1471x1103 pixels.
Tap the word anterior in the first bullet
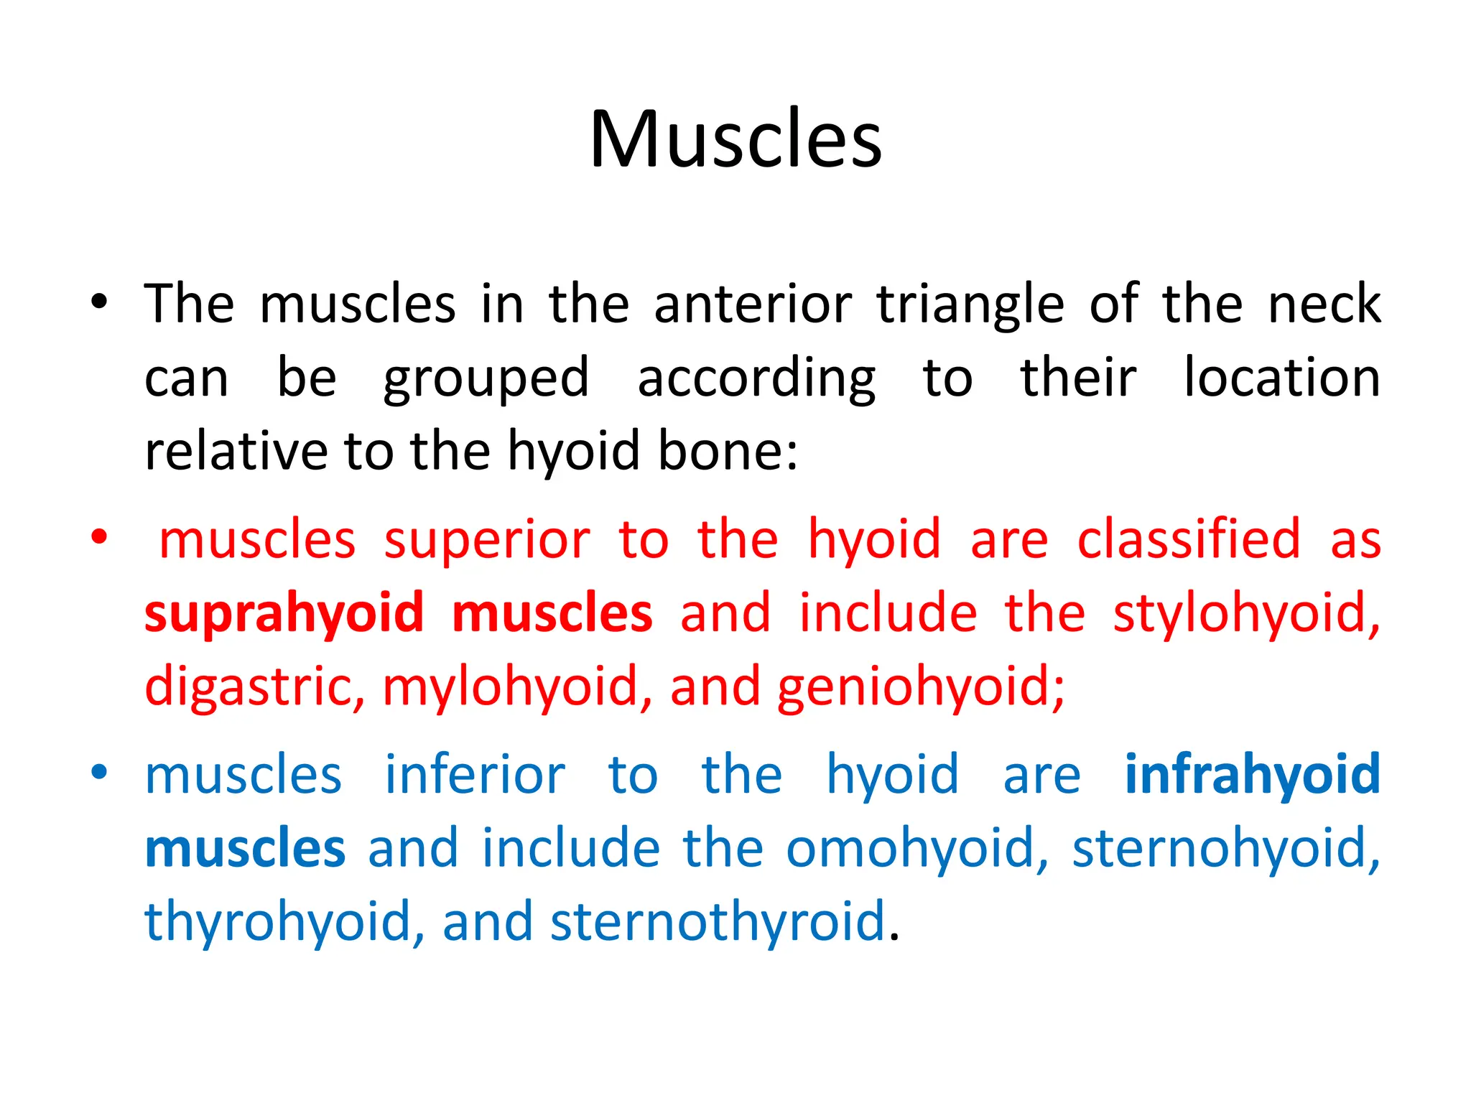[753, 304]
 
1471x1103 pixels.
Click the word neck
[1324, 304]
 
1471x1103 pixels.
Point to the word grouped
[486, 379]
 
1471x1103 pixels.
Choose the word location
[1281, 378]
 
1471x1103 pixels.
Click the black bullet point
[99, 302]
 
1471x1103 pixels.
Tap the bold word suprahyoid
[284, 615]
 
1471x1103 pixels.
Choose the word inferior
[475, 775]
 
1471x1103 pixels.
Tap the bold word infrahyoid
[1252, 775]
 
